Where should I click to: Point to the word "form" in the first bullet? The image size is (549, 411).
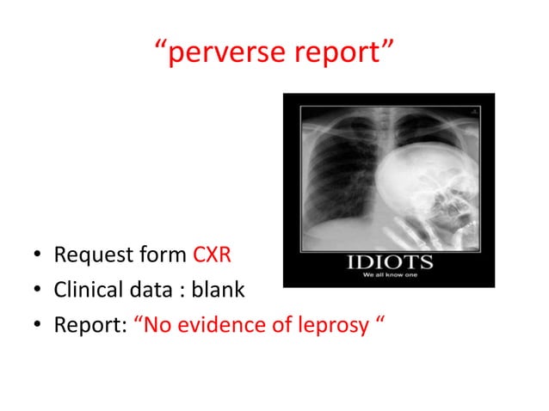(164, 255)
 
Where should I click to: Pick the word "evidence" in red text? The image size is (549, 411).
(219, 326)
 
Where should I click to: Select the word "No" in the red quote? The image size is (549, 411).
(157, 326)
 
